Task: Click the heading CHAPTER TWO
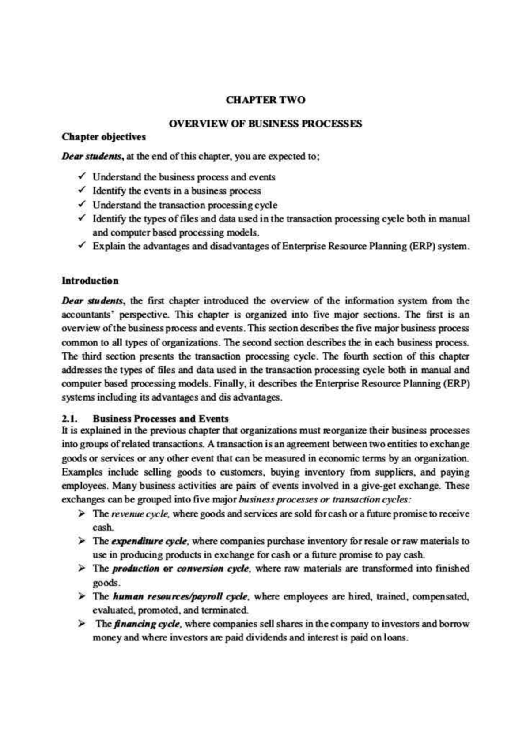(x=265, y=100)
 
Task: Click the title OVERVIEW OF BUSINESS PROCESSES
(x=265, y=124)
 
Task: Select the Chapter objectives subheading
(x=104, y=137)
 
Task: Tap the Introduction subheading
(x=90, y=281)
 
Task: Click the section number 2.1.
(x=70, y=419)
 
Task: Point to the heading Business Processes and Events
(x=161, y=419)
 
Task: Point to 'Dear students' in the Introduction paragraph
(x=93, y=301)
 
